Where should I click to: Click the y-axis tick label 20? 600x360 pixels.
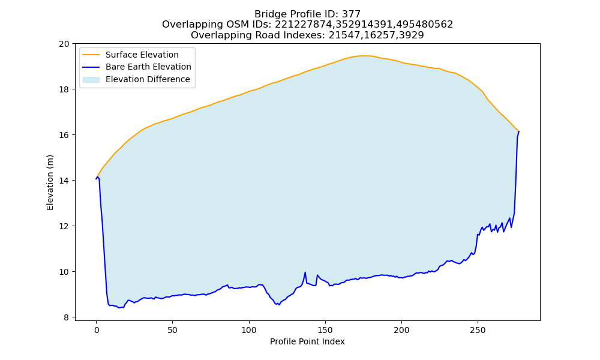click(64, 44)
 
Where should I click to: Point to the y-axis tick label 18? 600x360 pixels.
click(64, 89)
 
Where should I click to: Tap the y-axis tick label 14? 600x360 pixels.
click(64, 181)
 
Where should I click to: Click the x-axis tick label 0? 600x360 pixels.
click(97, 330)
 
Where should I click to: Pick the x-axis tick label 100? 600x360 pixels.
click(249, 330)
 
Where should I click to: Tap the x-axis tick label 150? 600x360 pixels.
click(325, 330)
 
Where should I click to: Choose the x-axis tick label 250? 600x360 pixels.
click(478, 330)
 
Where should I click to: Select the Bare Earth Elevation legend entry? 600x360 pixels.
click(137, 67)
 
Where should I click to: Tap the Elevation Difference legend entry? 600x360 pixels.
click(136, 79)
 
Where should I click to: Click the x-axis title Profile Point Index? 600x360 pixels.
click(307, 341)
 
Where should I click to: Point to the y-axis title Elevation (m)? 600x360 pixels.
click(50, 182)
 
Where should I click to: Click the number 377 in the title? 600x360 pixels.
click(351, 14)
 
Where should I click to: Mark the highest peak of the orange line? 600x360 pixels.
click(365, 56)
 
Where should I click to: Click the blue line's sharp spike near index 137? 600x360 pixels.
click(305, 272)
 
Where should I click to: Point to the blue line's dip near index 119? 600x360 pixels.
click(278, 305)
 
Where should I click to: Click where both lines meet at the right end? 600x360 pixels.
click(519, 131)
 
